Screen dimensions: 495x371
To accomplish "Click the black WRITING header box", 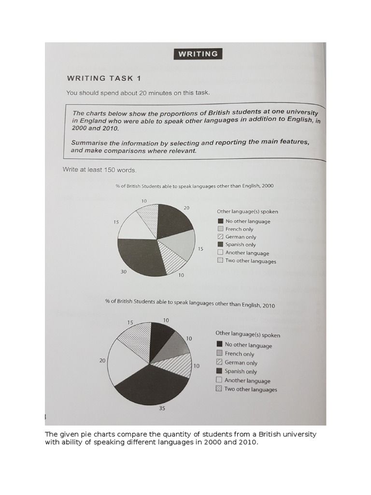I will point(198,54).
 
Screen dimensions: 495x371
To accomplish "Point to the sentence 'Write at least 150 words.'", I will point(100,170).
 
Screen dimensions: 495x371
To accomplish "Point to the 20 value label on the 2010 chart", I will point(102,361).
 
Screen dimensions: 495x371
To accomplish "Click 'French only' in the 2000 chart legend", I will point(239,229).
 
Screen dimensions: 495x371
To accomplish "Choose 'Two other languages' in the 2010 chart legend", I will point(250,389).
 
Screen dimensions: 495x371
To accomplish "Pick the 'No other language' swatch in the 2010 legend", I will point(219,344).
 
